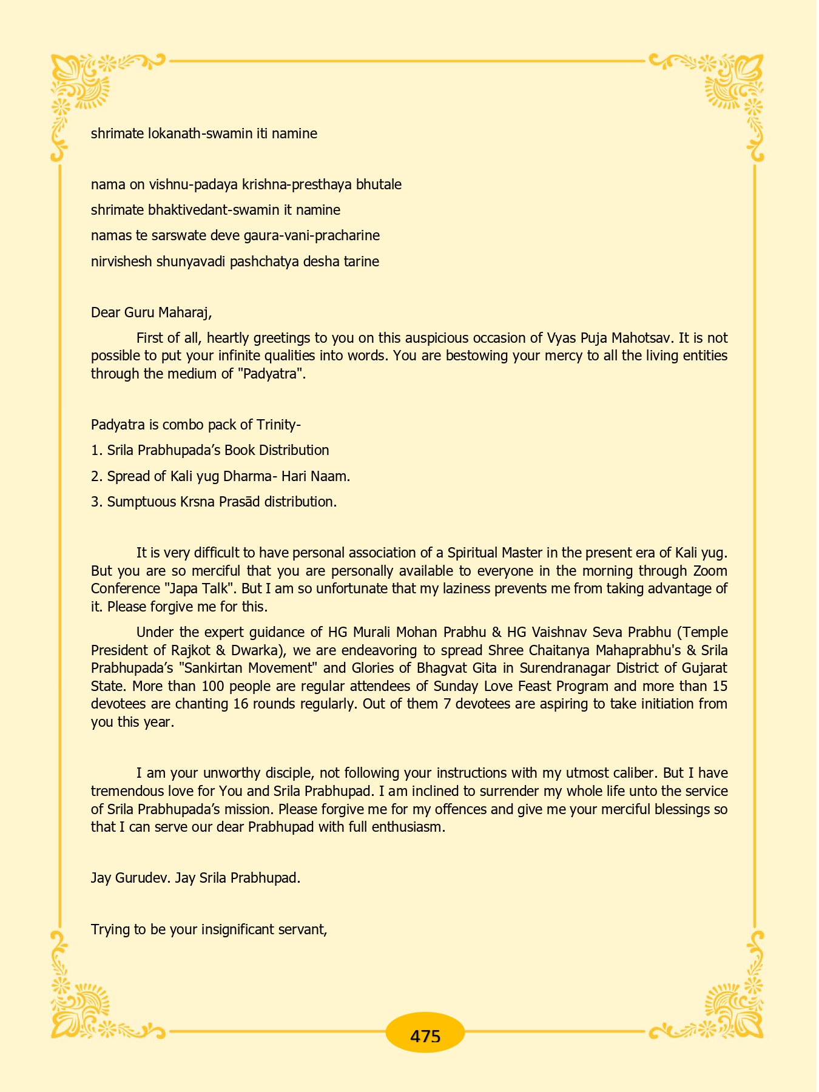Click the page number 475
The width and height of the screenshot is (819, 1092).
425,1036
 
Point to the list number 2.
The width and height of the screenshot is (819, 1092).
95,476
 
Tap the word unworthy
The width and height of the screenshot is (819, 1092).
229,773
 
